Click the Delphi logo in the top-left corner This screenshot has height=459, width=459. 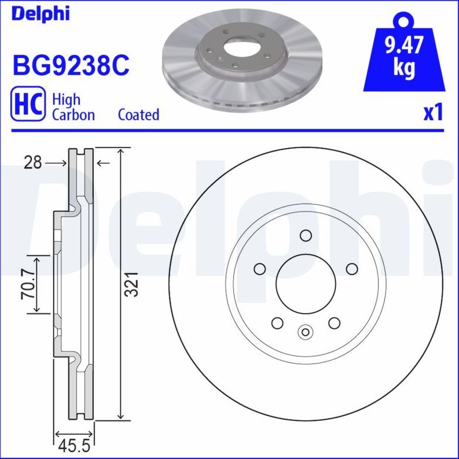click(x=39, y=13)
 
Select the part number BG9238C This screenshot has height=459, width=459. click(x=70, y=65)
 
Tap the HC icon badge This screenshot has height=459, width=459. click(x=28, y=105)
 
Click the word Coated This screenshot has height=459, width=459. click(x=138, y=114)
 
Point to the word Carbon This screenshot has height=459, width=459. click(x=74, y=114)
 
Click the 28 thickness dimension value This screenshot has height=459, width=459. click(x=33, y=164)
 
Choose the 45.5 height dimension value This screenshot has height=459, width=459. click(x=74, y=446)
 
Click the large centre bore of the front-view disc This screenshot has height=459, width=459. click(x=306, y=283)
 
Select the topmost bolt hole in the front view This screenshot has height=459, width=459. click(x=306, y=235)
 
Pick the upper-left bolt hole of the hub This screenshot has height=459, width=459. click(x=260, y=269)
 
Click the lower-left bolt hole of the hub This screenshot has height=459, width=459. click(x=277, y=323)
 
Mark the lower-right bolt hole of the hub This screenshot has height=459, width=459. click(x=334, y=323)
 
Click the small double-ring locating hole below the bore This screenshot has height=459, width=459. click(x=306, y=332)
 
